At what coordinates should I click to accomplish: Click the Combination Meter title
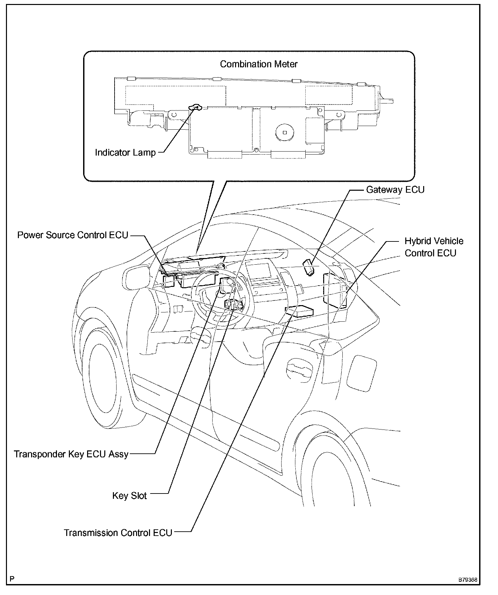click(259, 64)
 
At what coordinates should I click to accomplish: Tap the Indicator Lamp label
click(125, 153)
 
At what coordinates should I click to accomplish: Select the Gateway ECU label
click(395, 190)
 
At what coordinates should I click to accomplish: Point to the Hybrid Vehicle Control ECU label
click(434, 247)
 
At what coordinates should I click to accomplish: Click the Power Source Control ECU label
click(73, 235)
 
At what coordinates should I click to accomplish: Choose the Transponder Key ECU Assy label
click(71, 454)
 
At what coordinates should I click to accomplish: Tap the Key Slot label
click(129, 496)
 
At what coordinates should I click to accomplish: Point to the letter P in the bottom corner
click(12, 579)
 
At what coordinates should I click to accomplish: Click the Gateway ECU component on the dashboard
click(309, 267)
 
